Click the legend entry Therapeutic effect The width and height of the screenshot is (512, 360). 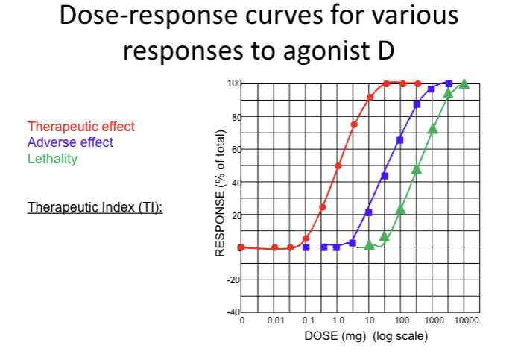pos(81,127)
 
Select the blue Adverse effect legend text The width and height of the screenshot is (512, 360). pos(71,142)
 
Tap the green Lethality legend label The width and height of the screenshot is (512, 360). pos(52,158)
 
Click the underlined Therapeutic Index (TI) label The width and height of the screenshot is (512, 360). pos(95,206)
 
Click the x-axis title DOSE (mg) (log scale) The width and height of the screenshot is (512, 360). pos(366,336)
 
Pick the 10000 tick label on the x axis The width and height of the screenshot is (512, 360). pos(465,320)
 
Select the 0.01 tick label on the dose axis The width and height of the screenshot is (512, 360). pos(275,320)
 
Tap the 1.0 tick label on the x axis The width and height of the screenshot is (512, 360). pos(338,320)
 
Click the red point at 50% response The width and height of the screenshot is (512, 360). pos(338,166)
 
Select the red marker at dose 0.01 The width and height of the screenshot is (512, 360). pos(275,247)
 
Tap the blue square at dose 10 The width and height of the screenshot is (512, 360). pos(369,212)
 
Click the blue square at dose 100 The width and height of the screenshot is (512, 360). pos(400,140)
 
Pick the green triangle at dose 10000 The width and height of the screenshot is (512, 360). pos(464,84)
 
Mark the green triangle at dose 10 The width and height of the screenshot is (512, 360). pos(369,245)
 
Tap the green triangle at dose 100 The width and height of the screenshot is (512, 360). pos(400,209)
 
